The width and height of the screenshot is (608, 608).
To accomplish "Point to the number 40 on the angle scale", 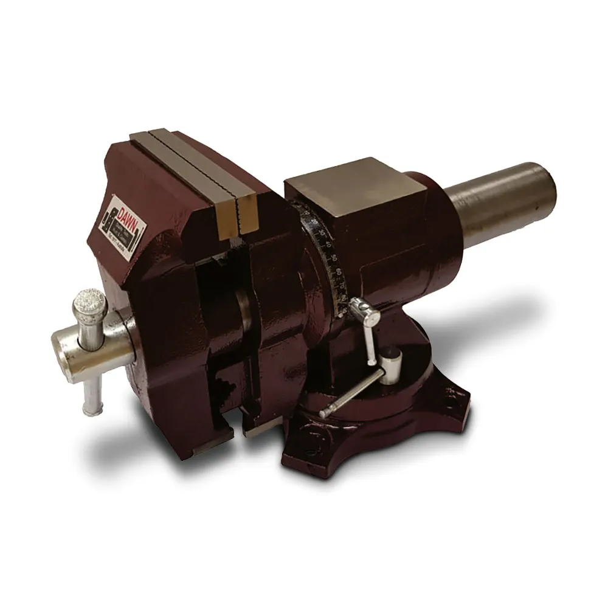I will (x=329, y=245).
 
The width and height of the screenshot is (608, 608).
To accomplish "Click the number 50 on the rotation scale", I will (x=334, y=258).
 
